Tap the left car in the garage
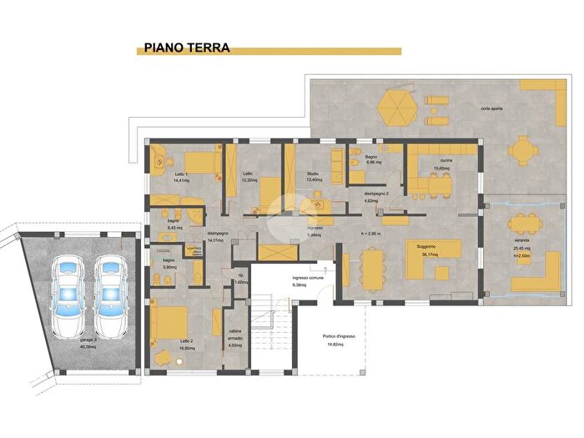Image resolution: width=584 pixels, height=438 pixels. click(68, 296)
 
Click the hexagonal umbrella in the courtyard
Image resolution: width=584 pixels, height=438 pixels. click(397, 106)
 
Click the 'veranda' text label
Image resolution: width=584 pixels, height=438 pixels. click(522, 240)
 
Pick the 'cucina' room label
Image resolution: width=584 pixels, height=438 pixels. click(442, 159)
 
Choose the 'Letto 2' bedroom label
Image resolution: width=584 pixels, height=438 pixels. click(186, 340)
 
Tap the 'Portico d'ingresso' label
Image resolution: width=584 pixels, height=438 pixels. click(339, 336)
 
